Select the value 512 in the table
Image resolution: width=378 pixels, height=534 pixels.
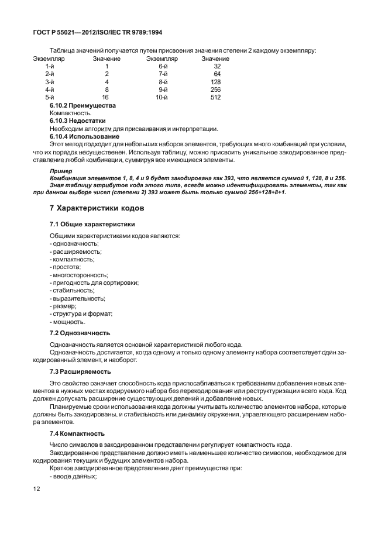point(215,97)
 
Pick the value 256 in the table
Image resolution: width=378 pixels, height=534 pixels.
point(215,89)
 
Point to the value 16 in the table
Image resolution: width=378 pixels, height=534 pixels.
point(105,97)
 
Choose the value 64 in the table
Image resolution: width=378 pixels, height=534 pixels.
point(217,74)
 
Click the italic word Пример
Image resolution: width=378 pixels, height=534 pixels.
point(61,171)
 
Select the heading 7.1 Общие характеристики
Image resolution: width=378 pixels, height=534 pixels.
point(92,224)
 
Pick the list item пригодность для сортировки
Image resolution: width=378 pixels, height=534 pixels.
point(94,282)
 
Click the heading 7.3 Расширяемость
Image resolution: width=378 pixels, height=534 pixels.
point(80,372)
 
